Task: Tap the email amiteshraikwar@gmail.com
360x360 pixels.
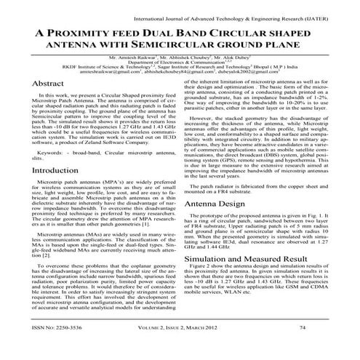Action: pyautogui.click(x=111, y=73)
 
